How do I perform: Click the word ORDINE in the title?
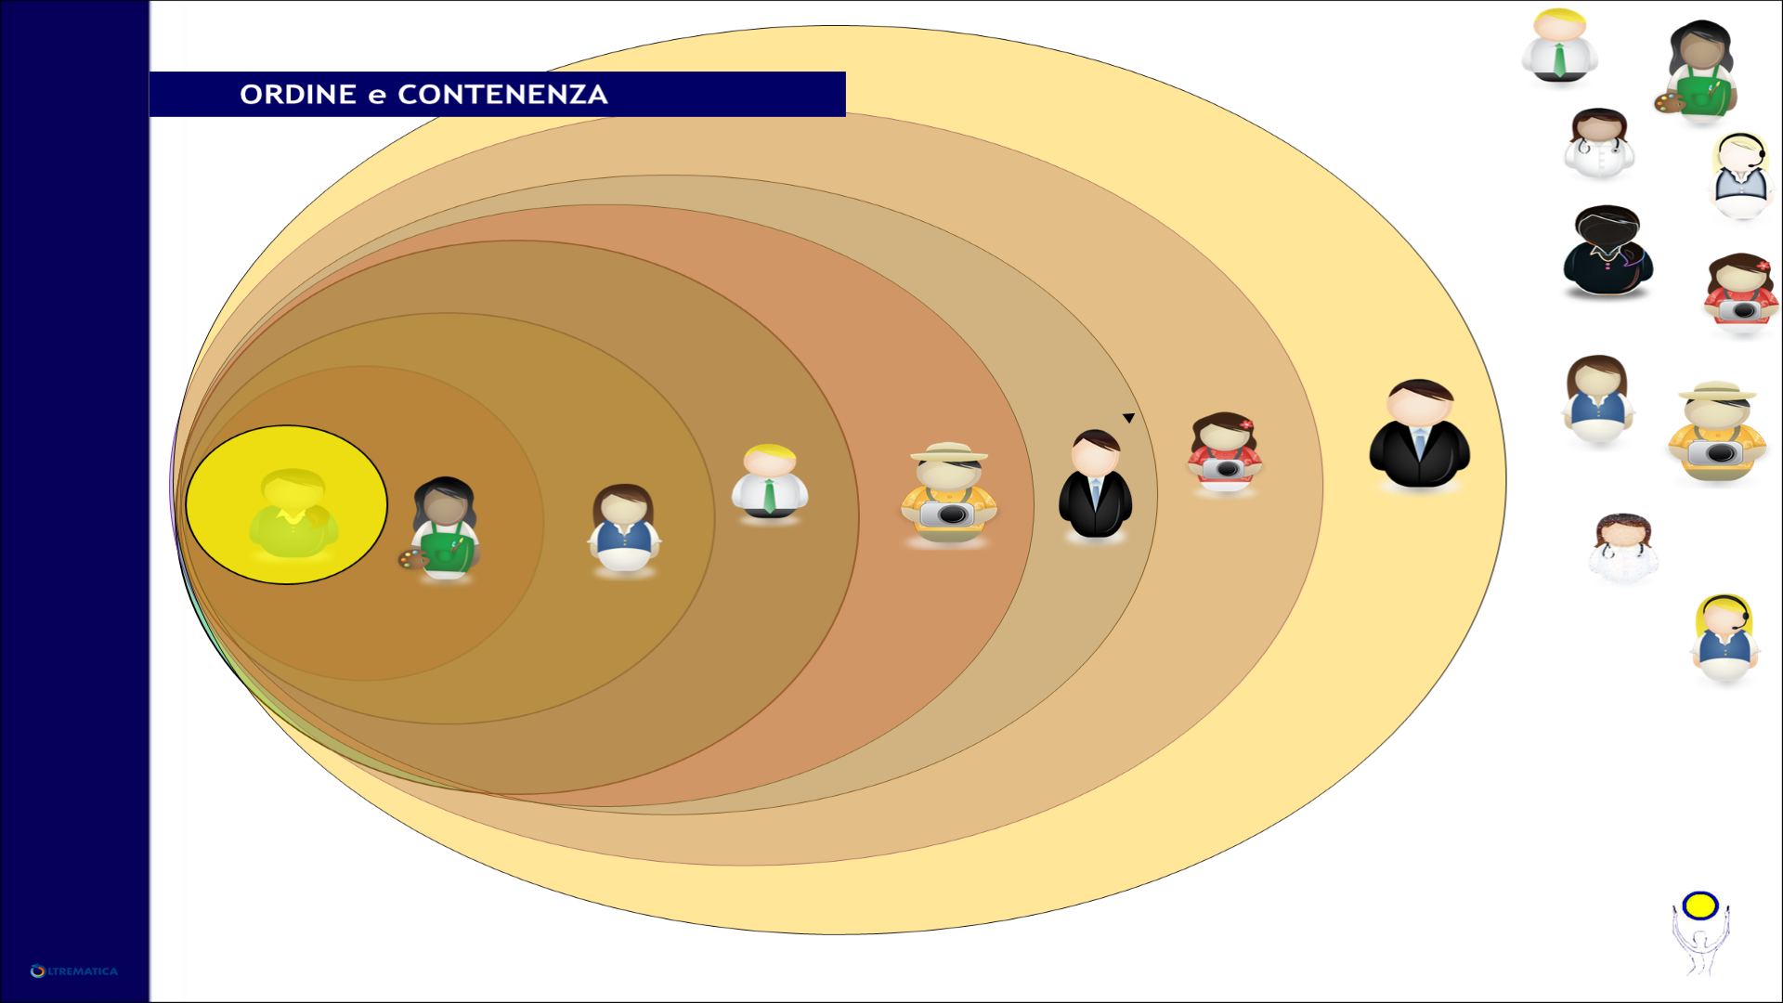click(298, 95)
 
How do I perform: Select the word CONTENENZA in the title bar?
click(502, 95)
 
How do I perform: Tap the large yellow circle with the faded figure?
click(287, 505)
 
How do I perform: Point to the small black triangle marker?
click(1128, 419)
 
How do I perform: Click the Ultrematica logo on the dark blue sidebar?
click(74, 971)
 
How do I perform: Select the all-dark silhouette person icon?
click(1607, 252)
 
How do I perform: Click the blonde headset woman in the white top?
click(1740, 176)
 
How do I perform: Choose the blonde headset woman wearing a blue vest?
click(1724, 639)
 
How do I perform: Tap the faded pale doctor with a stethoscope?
click(1622, 548)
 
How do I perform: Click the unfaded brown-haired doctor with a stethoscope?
click(1598, 143)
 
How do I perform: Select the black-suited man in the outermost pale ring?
click(1419, 434)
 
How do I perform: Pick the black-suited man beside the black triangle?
click(1096, 484)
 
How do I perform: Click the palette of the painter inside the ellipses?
click(412, 558)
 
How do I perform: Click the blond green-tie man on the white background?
click(1560, 46)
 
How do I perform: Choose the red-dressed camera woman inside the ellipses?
click(1225, 453)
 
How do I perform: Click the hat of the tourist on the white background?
click(1716, 391)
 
